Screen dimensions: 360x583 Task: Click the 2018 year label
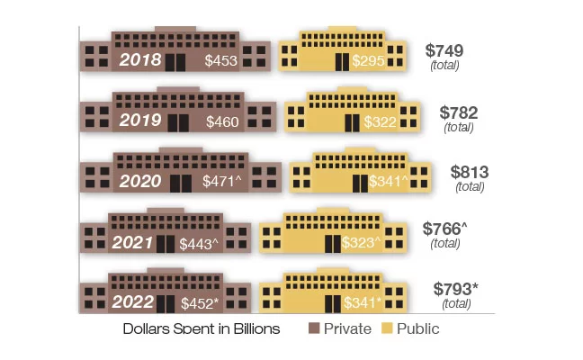point(140,60)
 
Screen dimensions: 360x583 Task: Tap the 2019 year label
point(140,121)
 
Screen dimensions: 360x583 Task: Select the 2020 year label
point(140,181)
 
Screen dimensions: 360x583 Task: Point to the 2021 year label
point(133,242)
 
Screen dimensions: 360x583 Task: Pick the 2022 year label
point(133,302)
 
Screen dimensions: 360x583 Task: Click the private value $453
point(221,61)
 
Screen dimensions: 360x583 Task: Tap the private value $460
point(222,121)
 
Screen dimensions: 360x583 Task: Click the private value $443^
point(199,243)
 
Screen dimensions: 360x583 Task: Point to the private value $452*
point(201,303)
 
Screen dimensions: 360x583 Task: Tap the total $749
point(444,51)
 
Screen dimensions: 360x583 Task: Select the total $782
point(459,112)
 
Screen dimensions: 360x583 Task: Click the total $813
point(470,172)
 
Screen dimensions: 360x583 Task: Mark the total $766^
point(445,229)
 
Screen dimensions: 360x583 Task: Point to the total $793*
point(455,289)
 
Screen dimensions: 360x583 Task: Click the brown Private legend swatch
point(314,328)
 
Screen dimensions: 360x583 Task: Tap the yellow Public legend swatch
point(389,328)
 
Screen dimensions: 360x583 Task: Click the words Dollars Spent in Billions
point(202,328)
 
